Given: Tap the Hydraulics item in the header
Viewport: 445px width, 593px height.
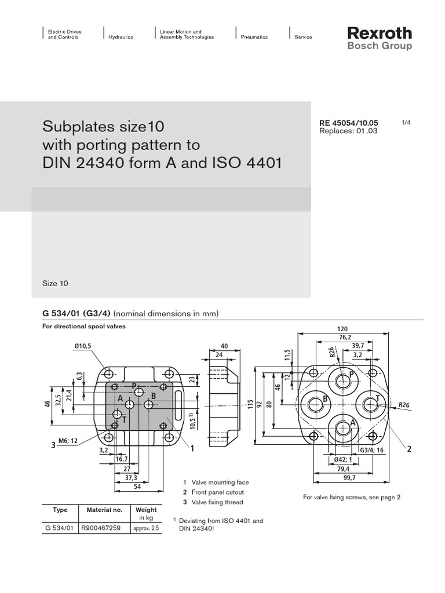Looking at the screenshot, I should [x=121, y=37].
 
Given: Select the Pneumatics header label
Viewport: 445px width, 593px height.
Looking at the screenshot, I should [x=254, y=37].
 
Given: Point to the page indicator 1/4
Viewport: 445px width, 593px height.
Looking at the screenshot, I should [x=406, y=123].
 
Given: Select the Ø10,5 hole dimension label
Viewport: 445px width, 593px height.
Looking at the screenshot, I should [x=83, y=346].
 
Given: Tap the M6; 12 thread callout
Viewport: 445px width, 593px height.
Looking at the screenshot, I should [x=66, y=441].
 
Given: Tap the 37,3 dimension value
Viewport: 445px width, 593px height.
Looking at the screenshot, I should [x=132, y=478].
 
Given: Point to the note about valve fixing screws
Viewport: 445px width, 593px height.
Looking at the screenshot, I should [x=352, y=497].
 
